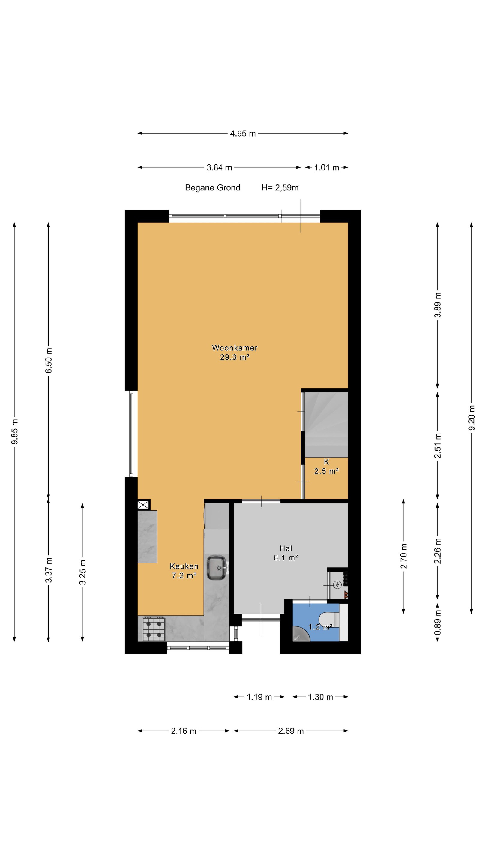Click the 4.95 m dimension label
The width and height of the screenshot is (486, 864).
point(242,133)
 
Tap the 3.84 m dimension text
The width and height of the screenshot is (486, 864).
point(219,167)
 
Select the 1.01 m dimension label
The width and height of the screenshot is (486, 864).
point(326,167)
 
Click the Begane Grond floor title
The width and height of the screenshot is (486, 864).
point(213,187)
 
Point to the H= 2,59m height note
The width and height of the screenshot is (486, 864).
point(280,188)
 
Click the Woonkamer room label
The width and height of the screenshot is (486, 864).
point(235,348)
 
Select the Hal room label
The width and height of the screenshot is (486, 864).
point(286,548)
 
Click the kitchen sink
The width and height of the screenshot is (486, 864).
point(217,568)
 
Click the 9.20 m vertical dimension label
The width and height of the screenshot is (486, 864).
point(472,418)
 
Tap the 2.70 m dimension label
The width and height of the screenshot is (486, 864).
point(403,556)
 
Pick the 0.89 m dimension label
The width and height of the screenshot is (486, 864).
point(438,622)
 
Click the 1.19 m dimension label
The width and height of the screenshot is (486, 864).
point(259,697)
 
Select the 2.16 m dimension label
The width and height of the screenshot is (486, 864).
point(184,731)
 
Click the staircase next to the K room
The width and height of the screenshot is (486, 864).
point(326,424)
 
